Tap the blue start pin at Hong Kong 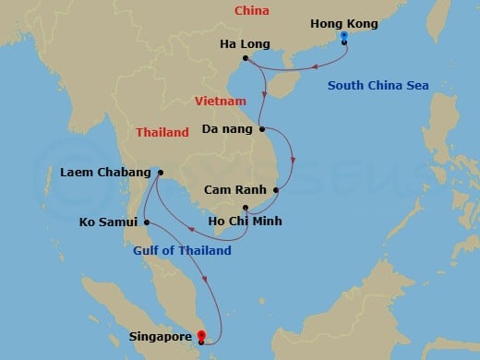tap(343, 37)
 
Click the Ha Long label tap(222, 42)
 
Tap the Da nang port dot tap(262, 128)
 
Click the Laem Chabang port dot tap(160, 172)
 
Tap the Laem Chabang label tap(104, 172)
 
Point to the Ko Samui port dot tap(146, 222)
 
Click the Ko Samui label tap(109, 222)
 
